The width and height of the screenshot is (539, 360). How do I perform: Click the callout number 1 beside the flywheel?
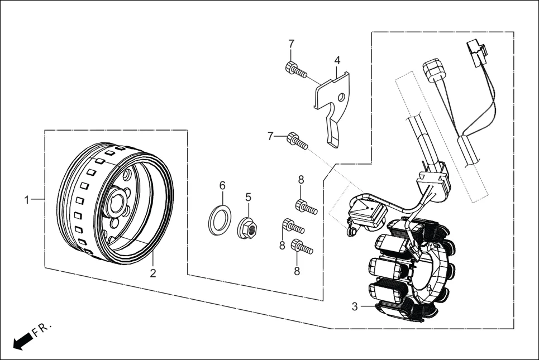[26, 199]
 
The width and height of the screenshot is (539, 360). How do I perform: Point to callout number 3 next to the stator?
[354, 306]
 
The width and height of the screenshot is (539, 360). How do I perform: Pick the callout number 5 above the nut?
[249, 197]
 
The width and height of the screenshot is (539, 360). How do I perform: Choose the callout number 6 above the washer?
[222, 185]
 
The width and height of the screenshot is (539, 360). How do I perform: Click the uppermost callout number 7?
[291, 44]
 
